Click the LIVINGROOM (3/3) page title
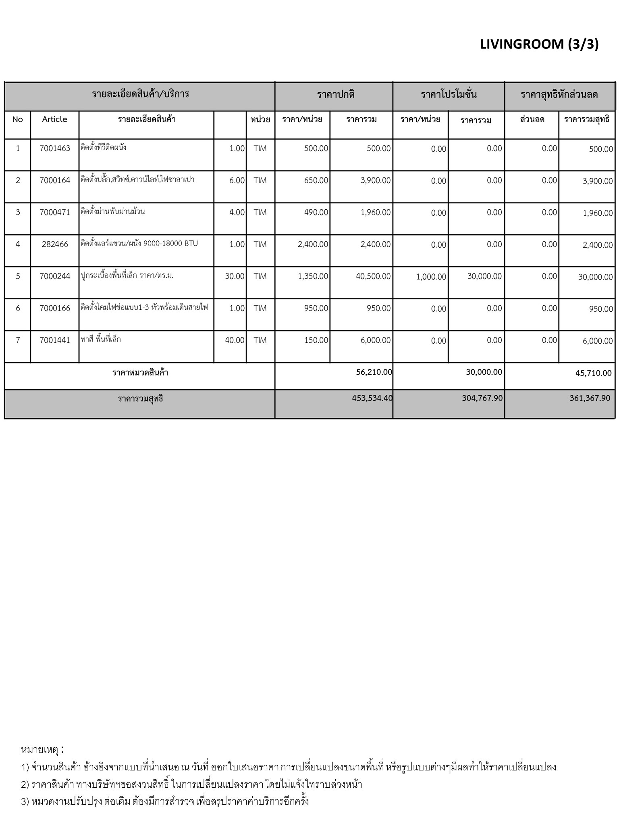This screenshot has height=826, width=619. (539, 44)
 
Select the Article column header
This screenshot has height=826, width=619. (54, 119)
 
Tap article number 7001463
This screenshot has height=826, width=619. (55, 148)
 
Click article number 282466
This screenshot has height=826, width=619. (55, 244)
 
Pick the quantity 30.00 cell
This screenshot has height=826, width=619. (235, 276)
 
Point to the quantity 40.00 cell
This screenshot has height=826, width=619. (235, 340)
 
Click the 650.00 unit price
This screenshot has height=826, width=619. (316, 180)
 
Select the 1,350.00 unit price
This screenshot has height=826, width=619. (313, 276)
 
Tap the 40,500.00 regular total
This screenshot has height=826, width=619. (373, 276)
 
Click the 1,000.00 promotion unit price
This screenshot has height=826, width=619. (431, 277)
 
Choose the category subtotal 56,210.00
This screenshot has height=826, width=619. (374, 372)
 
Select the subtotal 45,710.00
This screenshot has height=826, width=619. (593, 373)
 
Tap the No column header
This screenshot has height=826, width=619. (17, 119)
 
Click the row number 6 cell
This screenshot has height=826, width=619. (18, 309)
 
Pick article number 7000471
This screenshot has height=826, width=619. (55, 212)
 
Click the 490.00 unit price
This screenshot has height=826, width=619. (316, 212)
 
